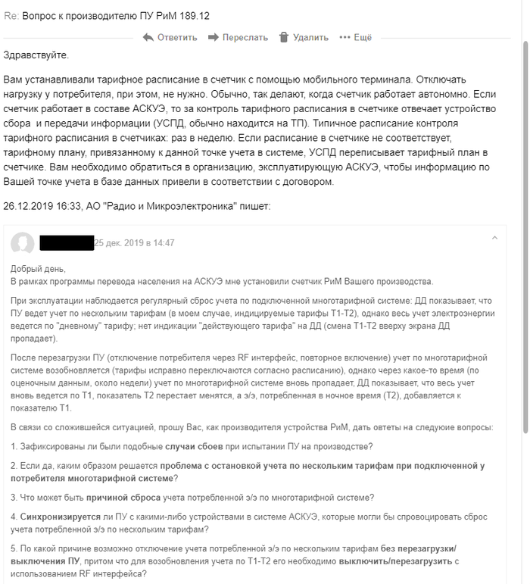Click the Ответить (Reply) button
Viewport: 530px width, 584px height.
[176, 37]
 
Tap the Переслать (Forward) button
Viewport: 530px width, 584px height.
[245, 37]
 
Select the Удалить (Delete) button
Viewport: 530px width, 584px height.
[310, 37]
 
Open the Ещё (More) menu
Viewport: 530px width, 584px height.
[362, 37]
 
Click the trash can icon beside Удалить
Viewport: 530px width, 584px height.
[284, 37]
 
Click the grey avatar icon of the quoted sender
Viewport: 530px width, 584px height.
[23, 242]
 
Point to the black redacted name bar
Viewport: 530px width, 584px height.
[66, 242]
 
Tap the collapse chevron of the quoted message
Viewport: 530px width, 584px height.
[494, 238]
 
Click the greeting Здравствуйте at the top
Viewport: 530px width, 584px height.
[36, 55]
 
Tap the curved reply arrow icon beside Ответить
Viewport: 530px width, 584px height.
[148, 37]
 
